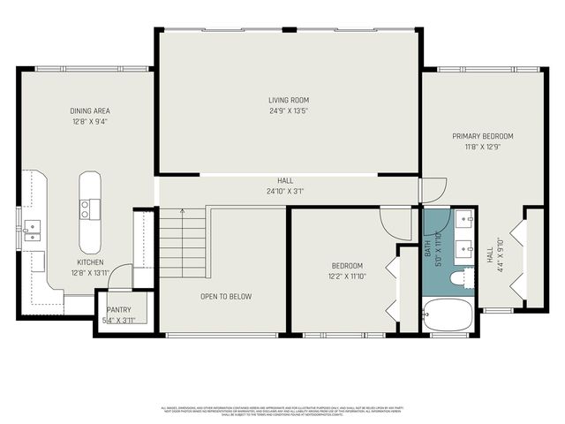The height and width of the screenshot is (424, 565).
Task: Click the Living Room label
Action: click(289, 100)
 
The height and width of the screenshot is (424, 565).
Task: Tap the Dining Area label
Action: click(90, 110)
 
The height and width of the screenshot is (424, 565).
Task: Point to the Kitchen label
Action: click(90, 262)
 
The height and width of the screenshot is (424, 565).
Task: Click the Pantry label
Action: click(119, 310)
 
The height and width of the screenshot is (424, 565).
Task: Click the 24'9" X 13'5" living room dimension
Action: click(289, 111)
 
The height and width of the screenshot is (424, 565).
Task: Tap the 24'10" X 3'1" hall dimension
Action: click(285, 191)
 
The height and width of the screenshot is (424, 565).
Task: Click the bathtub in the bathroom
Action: click(448, 315)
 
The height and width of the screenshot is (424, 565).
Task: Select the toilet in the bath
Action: click(460, 278)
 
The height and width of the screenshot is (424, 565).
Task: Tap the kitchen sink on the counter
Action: click(32, 231)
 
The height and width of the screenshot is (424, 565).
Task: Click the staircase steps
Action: click(182, 244)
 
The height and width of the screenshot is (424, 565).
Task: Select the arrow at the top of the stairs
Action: click(182, 212)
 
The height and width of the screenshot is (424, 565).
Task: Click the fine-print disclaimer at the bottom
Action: click(282, 411)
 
